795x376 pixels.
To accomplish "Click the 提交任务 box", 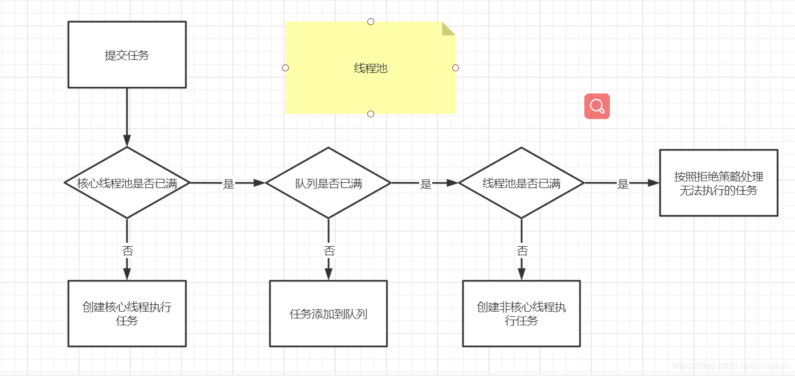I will [127, 55].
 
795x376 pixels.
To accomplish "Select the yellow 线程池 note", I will [370, 68].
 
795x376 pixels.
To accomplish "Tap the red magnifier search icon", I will [597, 106].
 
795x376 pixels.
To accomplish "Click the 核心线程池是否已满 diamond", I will [127, 183].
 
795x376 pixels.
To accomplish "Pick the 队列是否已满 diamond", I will [329, 183].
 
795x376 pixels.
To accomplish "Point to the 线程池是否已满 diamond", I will [521, 183].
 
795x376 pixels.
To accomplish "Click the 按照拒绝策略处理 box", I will [719, 183].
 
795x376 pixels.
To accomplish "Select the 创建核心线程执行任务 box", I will [127, 313].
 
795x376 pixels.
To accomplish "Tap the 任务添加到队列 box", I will [329, 313].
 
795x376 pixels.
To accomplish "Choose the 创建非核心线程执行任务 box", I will [521, 313].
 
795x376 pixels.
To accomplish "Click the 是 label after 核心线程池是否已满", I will [228, 184].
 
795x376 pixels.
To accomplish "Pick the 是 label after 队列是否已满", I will [425, 184].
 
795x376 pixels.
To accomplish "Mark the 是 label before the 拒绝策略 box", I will [623, 184].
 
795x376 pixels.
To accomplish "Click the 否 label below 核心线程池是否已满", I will [128, 251].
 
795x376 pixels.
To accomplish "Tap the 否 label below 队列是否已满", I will [329, 251].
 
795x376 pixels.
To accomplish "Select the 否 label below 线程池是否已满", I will [522, 251].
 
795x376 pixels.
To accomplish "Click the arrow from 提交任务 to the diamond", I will [127, 117].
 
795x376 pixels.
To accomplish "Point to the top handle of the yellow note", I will [371, 22].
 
